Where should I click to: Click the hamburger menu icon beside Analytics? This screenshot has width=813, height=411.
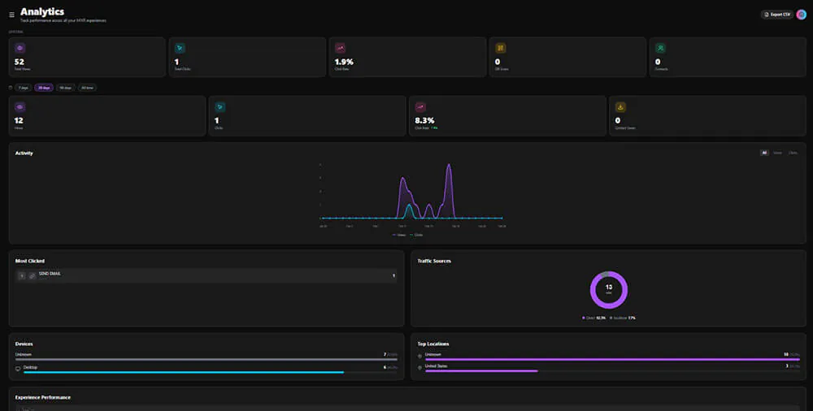coord(11,14)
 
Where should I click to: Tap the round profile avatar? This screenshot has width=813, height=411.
coord(801,14)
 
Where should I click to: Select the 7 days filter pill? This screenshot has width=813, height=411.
coord(23,88)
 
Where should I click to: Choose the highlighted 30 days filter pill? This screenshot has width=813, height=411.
coord(43,88)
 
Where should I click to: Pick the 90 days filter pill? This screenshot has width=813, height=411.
coord(65,88)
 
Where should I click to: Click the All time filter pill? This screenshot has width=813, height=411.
coord(87,88)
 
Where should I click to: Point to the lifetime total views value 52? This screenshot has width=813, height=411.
coord(20,62)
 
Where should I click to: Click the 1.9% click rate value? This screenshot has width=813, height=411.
coord(344,62)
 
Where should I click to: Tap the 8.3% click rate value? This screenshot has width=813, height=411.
coord(424,120)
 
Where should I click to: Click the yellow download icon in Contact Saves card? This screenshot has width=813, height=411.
coord(620,106)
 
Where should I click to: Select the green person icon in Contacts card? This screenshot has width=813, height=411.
coord(661,48)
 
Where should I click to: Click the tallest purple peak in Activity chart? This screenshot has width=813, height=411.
coord(448,166)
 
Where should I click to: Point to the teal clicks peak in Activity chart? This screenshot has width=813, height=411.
coord(409,206)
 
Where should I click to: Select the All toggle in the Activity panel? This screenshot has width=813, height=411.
coord(764,153)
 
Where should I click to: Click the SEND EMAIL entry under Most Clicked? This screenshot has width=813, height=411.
coord(50,275)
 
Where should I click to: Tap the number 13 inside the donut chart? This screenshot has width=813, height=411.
coord(608,288)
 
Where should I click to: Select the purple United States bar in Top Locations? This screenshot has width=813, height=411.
coord(481,371)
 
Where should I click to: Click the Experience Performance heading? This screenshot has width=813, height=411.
coord(42,397)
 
